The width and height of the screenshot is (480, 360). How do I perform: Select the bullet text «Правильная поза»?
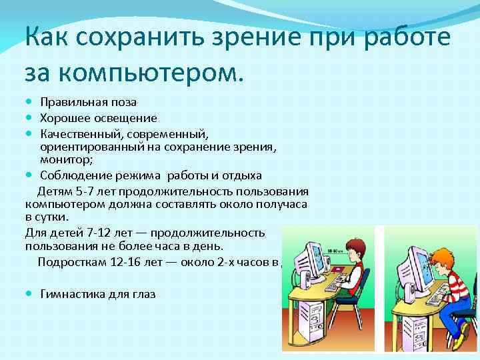click(88, 102)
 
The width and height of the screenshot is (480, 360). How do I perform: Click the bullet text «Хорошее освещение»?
click(98, 118)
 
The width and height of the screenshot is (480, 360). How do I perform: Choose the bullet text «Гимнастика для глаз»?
click(97, 293)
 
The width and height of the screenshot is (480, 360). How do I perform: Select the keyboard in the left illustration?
click(333, 285)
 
